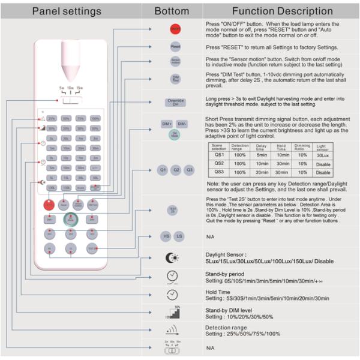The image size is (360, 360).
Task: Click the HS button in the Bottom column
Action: click(x=165, y=236)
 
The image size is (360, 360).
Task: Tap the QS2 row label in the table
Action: click(x=220, y=163)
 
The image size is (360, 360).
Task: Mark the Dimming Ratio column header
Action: click(x=302, y=146)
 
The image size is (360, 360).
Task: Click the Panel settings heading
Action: click(x=67, y=11)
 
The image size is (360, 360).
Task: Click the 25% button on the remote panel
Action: click(x=52, y=118)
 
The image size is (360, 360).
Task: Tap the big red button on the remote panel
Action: click(x=49, y=205)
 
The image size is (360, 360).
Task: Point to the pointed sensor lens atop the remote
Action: click(x=71, y=56)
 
